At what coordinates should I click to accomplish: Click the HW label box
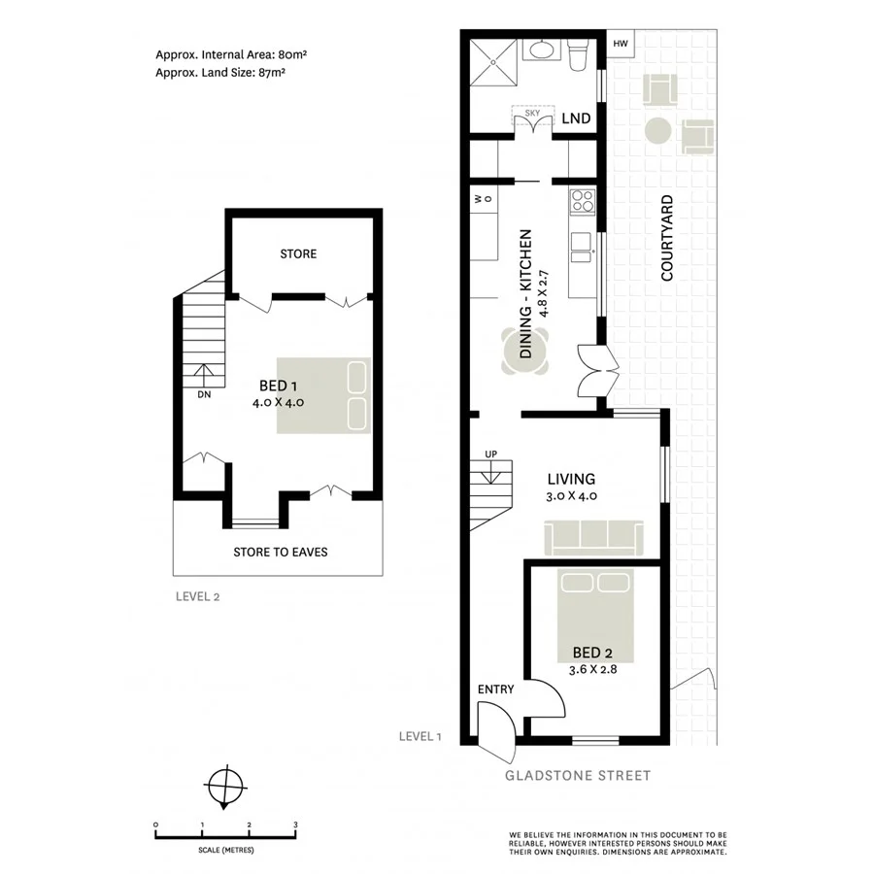pyautogui.click(x=620, y=44)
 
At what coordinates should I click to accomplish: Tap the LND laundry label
pyautogui.click(x=576, y=118)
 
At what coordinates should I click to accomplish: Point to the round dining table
pyautogui.click(x=525, y=351)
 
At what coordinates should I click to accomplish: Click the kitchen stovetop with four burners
pyautogui.click(x=582, y=202)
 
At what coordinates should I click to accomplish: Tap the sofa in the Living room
pyautogui.click(x=592, y=536)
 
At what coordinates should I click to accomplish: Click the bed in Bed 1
pyautogui.click(x=323, y=395)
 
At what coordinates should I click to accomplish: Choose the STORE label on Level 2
pyautogui.click(x=298, y=253)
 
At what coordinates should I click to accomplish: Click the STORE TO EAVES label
pyautogui.click(x=280, y=552)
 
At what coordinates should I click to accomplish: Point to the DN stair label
pyautogui.click(x=204, y=394)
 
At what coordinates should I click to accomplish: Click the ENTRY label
pyautogui.click(x=495, y=689)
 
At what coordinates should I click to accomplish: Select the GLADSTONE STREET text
pyautogui.click(x=577, y=775)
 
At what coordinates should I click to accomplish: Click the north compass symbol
pyautogui.click(x=225, y=784)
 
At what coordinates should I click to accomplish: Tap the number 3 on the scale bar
pyautogui.click(x=295, y=824)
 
